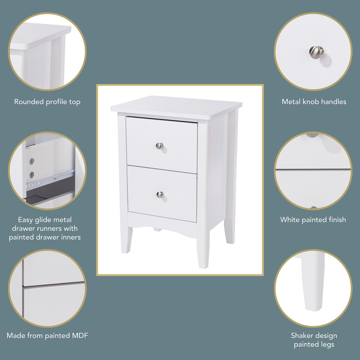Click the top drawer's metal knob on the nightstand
coord(160,145)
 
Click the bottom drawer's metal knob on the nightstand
coord(160,194)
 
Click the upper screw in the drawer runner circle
coord(32,161)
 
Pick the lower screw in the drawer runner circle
coord(32,174)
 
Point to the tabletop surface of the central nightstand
coord(176,107)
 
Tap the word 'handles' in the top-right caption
coord(333,102)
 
